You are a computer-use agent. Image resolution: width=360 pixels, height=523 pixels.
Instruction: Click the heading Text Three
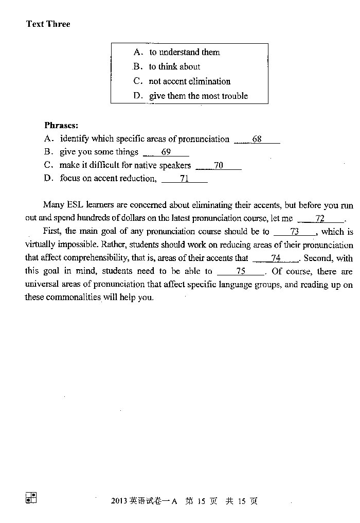click(48, 24)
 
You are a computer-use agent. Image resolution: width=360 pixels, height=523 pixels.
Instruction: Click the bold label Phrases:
click(61, 125)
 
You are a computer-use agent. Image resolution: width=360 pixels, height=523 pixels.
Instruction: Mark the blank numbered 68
click(257, 140)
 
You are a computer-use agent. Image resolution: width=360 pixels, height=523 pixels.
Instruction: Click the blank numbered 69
click(166, 152)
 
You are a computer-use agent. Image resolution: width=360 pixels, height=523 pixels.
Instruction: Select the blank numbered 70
click(219, 166)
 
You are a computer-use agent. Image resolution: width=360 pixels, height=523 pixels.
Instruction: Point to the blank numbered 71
click(184, 179)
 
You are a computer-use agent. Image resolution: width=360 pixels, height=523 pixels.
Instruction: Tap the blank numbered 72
click(320, 219)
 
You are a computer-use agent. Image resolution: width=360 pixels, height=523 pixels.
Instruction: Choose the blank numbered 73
click(295, 232)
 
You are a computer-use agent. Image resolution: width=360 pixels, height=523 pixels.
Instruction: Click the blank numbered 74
click(276, 258)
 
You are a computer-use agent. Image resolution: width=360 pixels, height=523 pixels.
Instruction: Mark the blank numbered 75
click(241, 271)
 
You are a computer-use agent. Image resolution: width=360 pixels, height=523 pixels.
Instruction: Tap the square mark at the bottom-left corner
click(31, 497)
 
